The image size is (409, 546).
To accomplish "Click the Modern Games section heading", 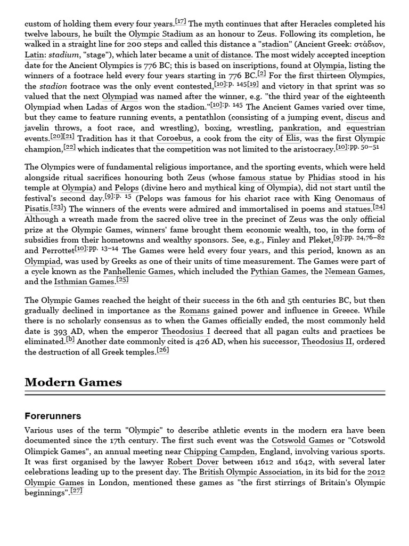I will click(73, 382).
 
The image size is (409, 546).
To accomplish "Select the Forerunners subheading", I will click(53, 416).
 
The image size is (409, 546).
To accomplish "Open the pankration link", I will click(299, 128).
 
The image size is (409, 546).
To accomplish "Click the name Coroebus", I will click(174, 138).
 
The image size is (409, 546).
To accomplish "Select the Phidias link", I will click(321, 178).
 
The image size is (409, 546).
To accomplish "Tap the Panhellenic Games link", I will click(138, 272).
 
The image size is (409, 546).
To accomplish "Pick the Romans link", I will click(194, 311).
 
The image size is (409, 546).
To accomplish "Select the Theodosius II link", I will click(326, 342).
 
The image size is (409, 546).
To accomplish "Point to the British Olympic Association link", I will click(250, 472).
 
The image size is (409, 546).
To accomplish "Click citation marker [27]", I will click(77, 491).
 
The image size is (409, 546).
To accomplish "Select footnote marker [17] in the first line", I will click(181, 21).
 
